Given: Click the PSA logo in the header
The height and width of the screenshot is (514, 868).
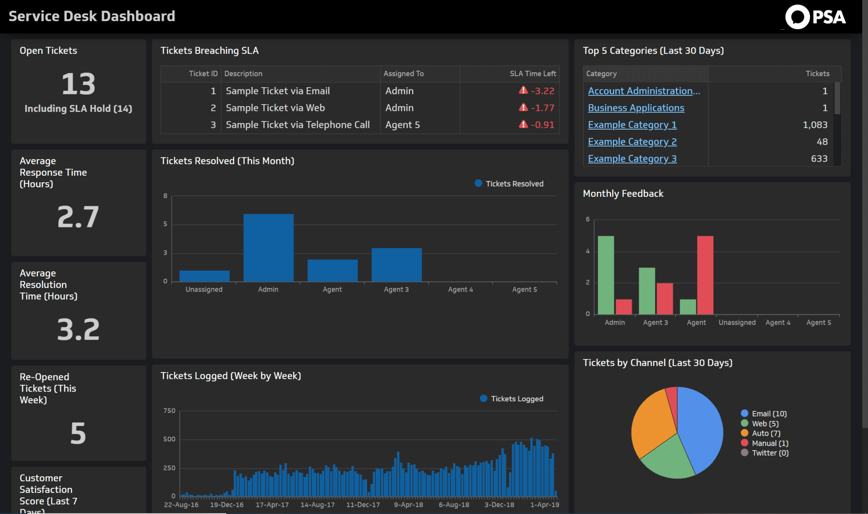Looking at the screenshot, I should tap(815, 17).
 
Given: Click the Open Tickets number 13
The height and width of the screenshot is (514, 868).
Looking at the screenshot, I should tap(78, 84).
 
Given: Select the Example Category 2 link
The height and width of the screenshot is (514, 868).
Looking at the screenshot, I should tap(632, 142).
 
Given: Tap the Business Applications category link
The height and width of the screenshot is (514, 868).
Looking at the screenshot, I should tap(636, 108).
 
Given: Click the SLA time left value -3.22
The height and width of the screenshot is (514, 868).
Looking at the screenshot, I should tap(542, 91).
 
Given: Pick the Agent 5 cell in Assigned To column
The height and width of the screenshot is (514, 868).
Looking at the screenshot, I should tap(402, 125).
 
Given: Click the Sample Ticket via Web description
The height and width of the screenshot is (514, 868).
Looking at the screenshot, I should tap(275, 108).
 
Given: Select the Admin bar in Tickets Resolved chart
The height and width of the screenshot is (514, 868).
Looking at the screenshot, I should tap(268, 248).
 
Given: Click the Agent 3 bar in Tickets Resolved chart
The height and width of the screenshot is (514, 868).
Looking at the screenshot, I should tap(396, 265).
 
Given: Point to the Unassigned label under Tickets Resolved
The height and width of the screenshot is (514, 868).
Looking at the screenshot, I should tap(204, 290).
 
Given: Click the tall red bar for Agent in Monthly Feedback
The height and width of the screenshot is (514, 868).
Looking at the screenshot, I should tap(705, 275).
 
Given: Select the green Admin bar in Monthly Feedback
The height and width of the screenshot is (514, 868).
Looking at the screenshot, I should tap(606, 275).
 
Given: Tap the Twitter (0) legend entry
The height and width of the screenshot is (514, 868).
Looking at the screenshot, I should tap(770, 453).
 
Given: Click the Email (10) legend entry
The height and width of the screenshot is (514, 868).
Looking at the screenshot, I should tap(769, 414).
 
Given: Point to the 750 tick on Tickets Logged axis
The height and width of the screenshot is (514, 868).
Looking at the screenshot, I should tap(169, 411).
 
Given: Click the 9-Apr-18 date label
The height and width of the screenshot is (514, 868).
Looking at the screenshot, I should tap(408, 505).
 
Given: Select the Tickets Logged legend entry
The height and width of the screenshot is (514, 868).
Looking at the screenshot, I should tap(517, 399).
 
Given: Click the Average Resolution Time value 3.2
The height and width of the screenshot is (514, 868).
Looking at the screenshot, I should tap(78, 329).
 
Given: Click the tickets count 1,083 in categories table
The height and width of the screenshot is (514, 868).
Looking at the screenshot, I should tap(815, 125).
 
